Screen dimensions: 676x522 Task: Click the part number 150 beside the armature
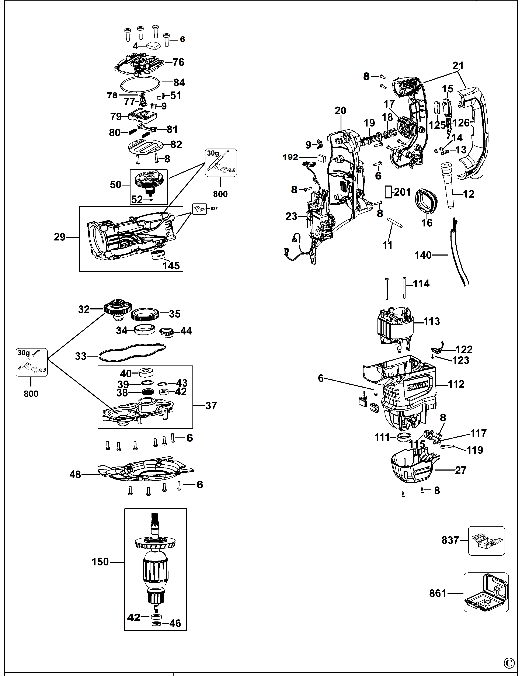[100, 562]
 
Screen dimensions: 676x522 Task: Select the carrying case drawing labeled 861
[486, 592]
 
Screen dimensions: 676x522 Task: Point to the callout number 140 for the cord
[423, 255]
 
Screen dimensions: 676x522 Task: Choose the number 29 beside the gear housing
[60, 237]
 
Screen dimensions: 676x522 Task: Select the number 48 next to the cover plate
[75, 475]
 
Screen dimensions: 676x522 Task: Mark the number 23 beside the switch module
[291, 216]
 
